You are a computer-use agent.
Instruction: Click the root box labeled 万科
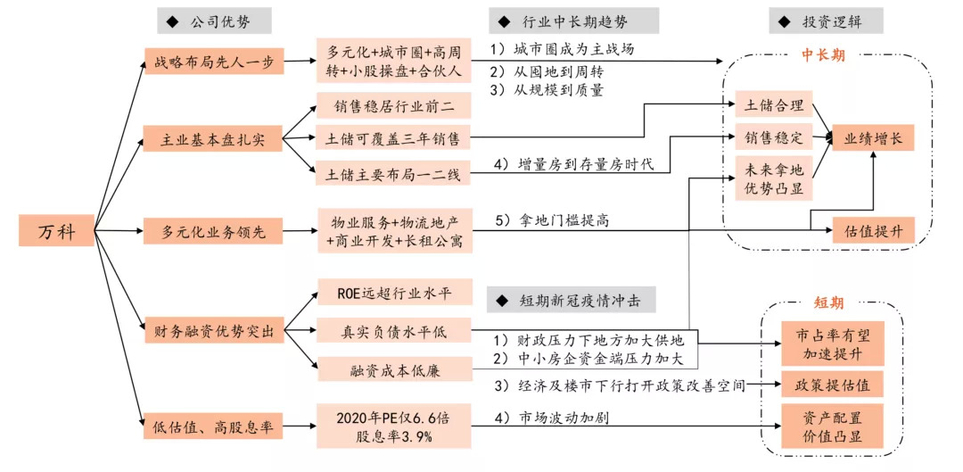coord(56,230)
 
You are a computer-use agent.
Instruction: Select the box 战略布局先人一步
coord(214,62)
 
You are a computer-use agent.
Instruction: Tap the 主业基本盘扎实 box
coord(212,138)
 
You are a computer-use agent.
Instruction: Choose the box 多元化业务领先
coord(212,232)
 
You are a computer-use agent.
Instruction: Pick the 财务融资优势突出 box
coord(214,333)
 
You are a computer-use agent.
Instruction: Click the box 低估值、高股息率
coord(212,426)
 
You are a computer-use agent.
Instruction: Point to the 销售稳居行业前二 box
coord(394,105)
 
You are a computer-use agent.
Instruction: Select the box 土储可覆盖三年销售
coord(394,139)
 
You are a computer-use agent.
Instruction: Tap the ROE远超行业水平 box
coord(394,294)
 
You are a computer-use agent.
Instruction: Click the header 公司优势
coord(213,21)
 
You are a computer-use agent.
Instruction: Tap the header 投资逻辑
coord(826,21)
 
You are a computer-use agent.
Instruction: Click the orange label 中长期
coord(823,55)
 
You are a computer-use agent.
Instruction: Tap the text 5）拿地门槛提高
coord(551,220)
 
